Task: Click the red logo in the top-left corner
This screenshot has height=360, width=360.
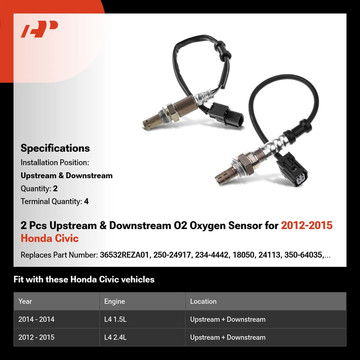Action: pos(39,29)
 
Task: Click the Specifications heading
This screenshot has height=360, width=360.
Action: pos(55,148)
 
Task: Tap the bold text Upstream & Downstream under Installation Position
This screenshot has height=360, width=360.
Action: pos(67,175)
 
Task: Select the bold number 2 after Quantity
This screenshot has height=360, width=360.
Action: pos(55,189)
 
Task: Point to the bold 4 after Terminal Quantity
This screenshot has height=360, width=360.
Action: pos(86,201)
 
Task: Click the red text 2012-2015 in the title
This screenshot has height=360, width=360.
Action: pos(307,225)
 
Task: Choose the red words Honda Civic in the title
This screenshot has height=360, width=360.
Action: pos(49,238)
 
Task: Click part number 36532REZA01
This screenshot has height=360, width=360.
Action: pos(124,255)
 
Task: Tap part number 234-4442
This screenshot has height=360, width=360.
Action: pos(211,255)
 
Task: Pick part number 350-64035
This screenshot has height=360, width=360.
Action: pos(303,255)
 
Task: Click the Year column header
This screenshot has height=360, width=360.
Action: pos(25,301)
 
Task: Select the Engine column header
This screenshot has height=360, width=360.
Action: pos(115,301)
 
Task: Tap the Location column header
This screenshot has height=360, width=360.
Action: pos(203,301)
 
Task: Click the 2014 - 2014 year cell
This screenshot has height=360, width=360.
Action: pos(36,319)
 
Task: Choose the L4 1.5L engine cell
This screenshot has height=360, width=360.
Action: pos(115,319)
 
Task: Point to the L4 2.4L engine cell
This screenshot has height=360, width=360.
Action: pos(115,337)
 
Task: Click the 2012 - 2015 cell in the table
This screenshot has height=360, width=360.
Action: pos(36,337)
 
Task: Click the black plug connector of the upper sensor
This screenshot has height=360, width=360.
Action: pos(225,114)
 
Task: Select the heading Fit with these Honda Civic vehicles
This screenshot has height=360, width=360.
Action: pos(84,279)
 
